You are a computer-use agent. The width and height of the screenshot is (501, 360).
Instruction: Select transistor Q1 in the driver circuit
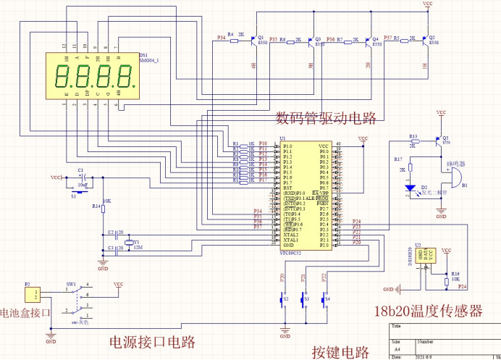[x=251, y=41]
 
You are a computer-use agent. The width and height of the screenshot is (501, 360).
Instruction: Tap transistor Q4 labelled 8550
[x=366, y=41]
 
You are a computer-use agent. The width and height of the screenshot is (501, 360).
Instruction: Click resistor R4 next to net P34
[x=233, y=41]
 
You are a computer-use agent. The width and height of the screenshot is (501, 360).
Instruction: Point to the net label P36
[x=330, y=38]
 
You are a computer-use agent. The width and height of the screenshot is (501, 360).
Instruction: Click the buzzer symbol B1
[x=457, y=177]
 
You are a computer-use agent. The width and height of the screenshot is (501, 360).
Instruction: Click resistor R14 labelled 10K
[x=103, y=209]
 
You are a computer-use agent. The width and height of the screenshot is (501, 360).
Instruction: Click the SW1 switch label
[x=71, y=283]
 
